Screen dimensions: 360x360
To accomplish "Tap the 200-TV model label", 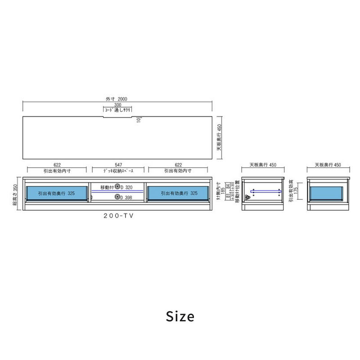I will tap(118, 216).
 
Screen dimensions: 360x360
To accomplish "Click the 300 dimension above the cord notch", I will tap(118, 105).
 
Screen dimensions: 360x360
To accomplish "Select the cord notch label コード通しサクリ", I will tap(118, 110).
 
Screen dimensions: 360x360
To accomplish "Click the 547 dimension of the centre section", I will tap(118, 165).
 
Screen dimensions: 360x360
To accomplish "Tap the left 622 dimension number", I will tap(57, 165).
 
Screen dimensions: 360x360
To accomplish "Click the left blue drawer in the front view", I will tap(56, 193).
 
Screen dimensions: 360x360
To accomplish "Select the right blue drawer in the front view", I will tap(177, 193).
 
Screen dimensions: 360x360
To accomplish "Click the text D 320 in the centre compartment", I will tap(126, 187).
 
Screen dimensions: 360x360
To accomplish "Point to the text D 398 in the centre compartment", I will tap(126, 197).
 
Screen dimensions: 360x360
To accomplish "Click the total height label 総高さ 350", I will tap(16, 194).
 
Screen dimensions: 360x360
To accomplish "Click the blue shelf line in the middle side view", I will tap(265, 191).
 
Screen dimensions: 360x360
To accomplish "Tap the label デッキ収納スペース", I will tap(118, 171).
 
